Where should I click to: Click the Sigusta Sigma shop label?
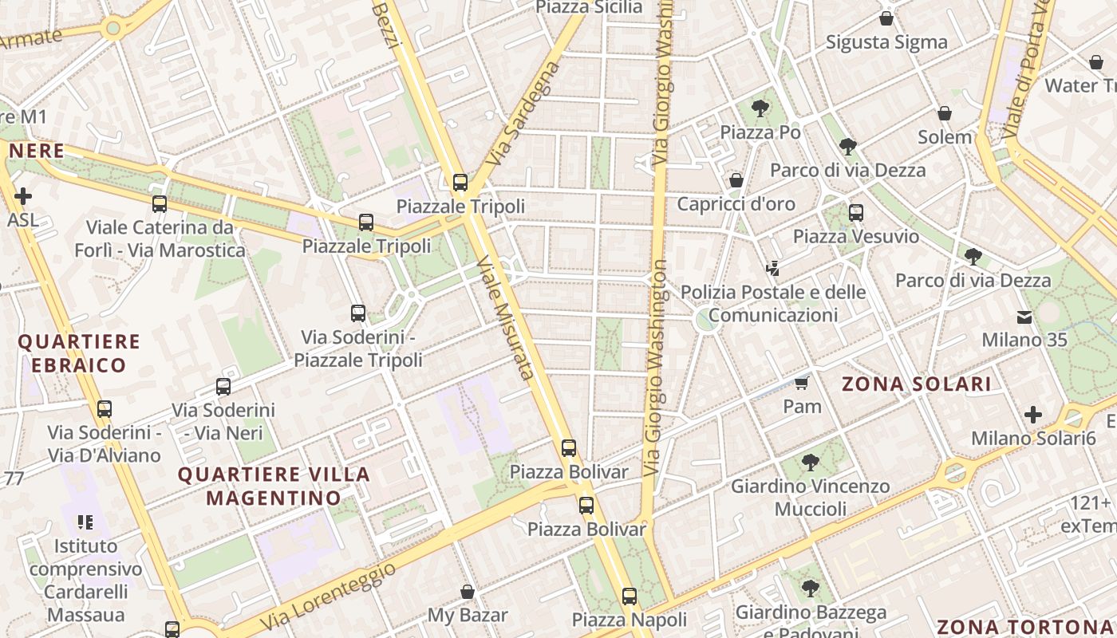(x=886, y=41)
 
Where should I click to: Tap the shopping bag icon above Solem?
(x=945, y=113)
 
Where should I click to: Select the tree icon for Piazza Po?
(x=760, y=107)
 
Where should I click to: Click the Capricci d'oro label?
(x=736, y=204)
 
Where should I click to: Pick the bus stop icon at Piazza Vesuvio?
(x=856, y=212)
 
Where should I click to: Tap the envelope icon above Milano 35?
(x=1024, y=317)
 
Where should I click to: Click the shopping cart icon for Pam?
(x=801, y=383)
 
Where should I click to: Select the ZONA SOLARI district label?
(x=917, y=384)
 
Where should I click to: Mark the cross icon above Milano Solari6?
(x=1033, y=415)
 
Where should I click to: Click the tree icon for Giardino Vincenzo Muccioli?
(x=811, y=462)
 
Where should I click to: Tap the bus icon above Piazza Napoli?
(x=630, y=596)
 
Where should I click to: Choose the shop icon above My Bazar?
(x=468, y=592)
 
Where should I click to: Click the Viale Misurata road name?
(x=505, y=317)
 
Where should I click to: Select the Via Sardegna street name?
(x=523, y=116)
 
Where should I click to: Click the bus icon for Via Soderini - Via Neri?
(x=223, y=387)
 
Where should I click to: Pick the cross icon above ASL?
(x=23, y=195)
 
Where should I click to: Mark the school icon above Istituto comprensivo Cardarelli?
(x=85, y=522)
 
